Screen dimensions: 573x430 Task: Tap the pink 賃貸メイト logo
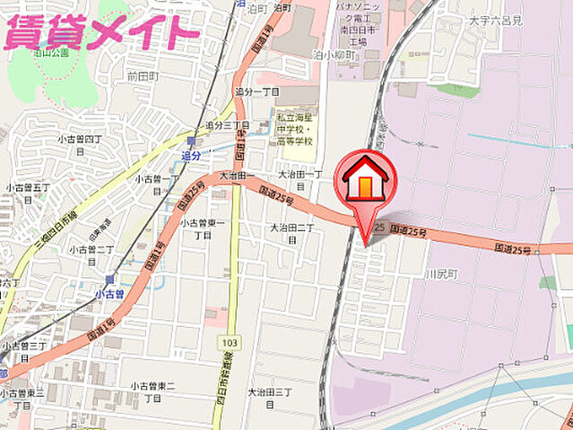point(100,33)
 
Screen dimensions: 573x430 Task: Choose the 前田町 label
point(143,76)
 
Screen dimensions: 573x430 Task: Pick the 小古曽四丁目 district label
point(82,144)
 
